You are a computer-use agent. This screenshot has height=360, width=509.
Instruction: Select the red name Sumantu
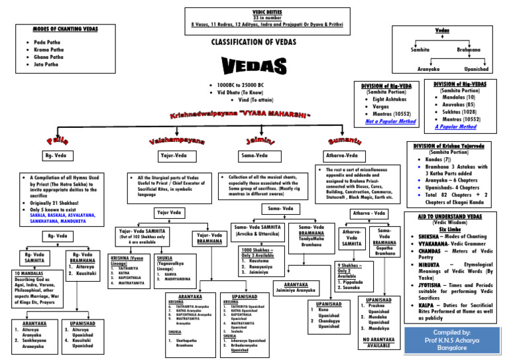[344, 141]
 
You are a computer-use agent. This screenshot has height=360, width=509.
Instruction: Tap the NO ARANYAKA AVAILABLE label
[378, 342]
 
